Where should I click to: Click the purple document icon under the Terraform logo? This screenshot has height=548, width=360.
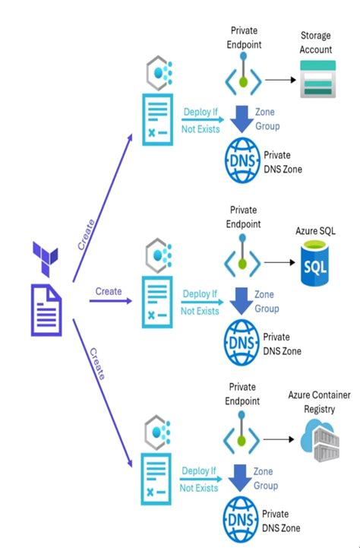click(47, 309)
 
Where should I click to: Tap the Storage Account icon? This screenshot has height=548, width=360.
click(315, 80)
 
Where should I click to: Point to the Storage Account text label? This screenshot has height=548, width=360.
click(316, 43)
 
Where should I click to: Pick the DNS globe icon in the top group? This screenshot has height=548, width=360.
click(241, 160)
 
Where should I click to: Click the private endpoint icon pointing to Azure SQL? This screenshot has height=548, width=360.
click(242, 261)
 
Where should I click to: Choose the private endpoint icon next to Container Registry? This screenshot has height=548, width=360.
click(242, 439)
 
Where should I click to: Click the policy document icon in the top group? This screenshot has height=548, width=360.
click(157, 118)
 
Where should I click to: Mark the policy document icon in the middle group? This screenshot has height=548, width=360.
click(157, 301)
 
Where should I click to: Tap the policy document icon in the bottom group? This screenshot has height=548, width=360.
click(157, 480)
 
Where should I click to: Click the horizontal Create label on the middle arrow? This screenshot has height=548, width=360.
click(108, 291)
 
